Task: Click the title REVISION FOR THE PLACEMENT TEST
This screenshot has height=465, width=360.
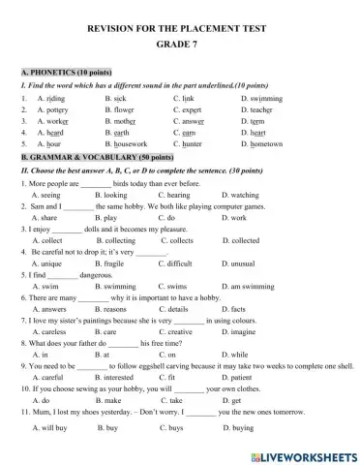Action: click(180, 29)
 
